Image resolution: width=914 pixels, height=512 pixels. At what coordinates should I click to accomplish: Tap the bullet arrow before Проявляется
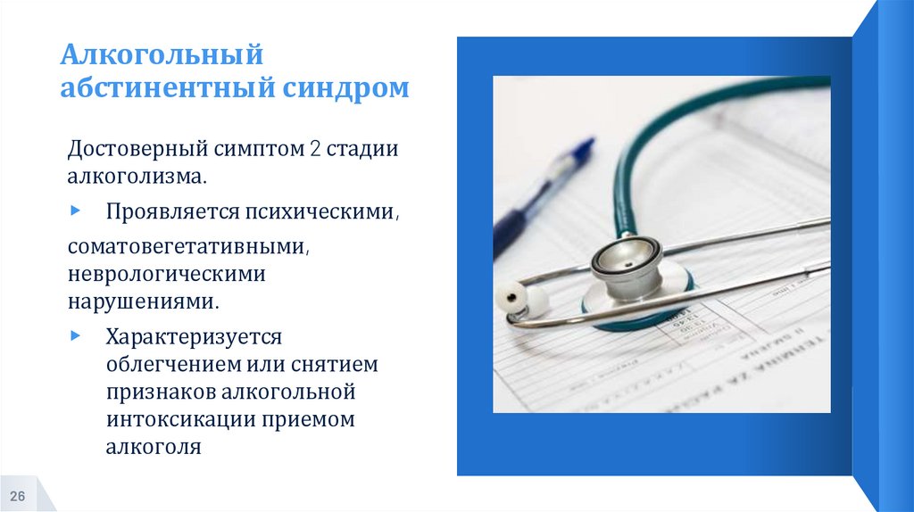74,211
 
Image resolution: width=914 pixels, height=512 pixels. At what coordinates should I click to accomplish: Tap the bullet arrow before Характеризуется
74,336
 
